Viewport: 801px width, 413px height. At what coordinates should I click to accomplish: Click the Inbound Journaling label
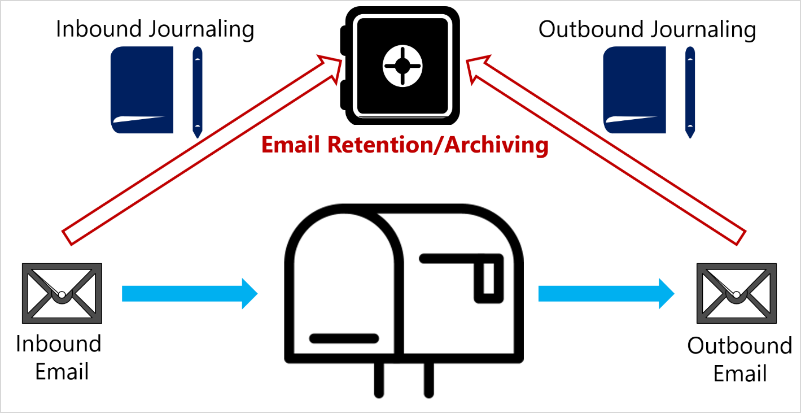(x=155, y=29)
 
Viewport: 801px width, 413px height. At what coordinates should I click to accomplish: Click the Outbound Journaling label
(x=646, y=29)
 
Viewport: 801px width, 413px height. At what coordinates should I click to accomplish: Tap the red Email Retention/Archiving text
(x=404, y=146)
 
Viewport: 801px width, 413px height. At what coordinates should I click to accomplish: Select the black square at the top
(x=400, y=65)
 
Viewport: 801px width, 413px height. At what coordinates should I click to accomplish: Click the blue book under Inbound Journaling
(x=142, y=90)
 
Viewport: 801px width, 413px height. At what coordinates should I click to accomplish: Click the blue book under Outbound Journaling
(x=634, y=90)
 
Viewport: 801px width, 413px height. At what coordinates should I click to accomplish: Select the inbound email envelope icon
(x=62, y=293)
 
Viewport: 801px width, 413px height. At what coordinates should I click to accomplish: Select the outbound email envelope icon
(x=736, y=293)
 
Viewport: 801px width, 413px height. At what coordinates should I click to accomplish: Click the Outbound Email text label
(x=739, y=359)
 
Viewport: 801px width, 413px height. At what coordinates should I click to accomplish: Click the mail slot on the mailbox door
(x=344, y=338)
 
